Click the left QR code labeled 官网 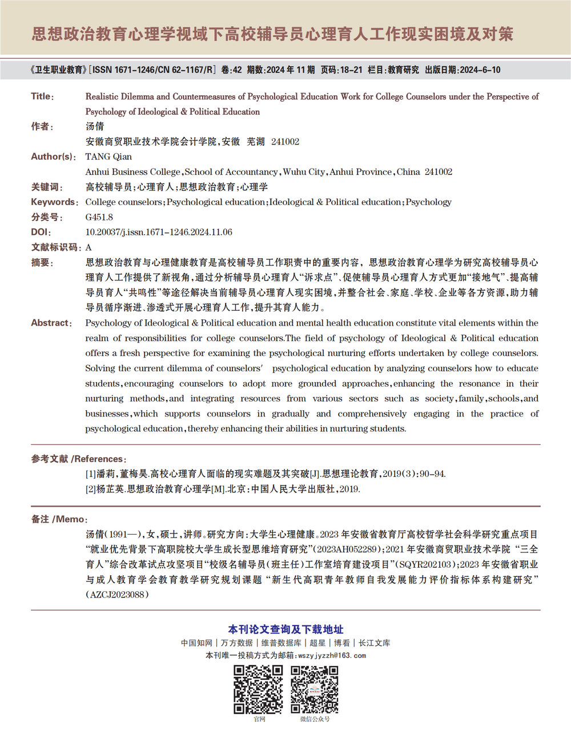point(258,689)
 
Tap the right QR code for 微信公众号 point(315,689)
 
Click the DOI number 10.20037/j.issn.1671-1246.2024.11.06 point(159,232)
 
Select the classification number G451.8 point(99,217)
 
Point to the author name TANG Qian point(108,157)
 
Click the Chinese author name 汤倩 point(95,126)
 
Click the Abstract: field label point(51,323)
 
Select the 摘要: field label point(42,263)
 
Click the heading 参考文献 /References point(79,459)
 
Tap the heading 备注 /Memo point(59,519)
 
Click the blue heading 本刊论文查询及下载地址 point(285,629)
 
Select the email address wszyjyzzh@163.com point(332,656)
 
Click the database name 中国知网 point(196,643)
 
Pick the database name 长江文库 point(375,643)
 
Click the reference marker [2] point(91,490)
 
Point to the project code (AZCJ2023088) point(118,595)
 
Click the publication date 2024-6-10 point(480,70)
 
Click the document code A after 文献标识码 point(89,247)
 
